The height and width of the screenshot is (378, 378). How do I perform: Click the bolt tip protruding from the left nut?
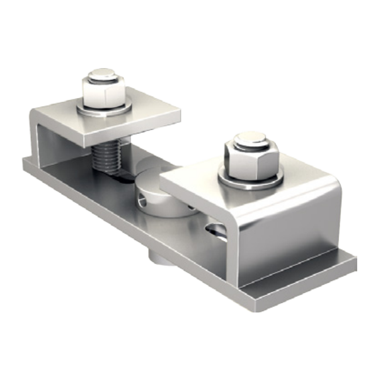pos(101,76)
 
